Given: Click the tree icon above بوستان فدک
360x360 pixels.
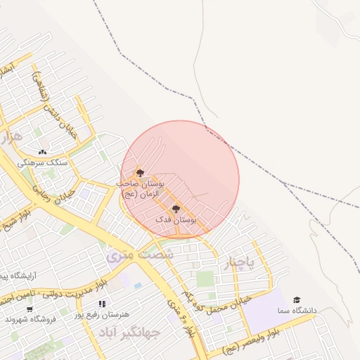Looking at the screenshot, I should pyautogui.click(x=176, y=209).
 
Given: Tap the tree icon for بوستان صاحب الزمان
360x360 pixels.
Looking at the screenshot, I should pyautogui.click(x=140, y=173).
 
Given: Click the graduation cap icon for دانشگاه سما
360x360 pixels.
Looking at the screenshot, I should pyautogui.click(x=297, y=300).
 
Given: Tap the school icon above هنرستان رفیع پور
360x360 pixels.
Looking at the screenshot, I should pyautogui.click(x=103, y=304).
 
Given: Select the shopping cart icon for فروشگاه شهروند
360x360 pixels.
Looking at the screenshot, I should pyautogui.click(x=30, y=309).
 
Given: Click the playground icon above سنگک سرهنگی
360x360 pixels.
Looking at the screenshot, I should pyautogui.click(x=43, y=152).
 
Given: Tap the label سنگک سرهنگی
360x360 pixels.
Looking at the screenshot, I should pyautogui.click(x=43, y=162).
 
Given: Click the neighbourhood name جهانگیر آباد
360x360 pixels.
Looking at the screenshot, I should pyautogui.click(x=130, y=331).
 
